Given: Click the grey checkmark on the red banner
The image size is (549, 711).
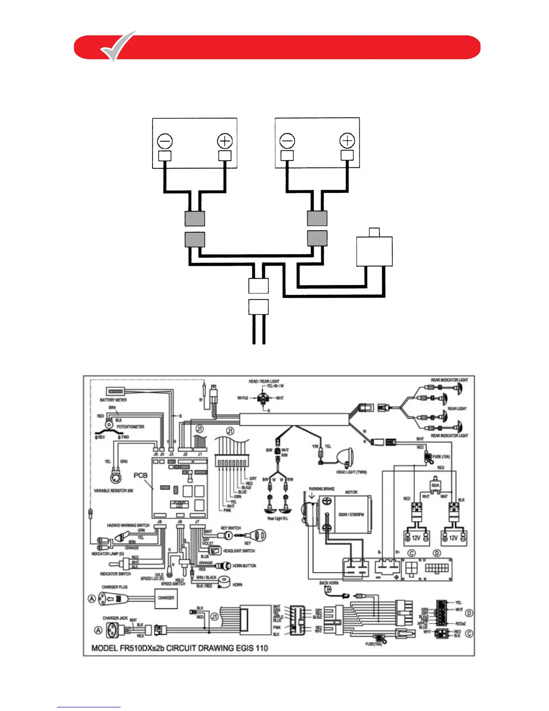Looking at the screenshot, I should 118,46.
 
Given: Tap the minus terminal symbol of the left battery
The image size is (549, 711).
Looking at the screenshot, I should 165,141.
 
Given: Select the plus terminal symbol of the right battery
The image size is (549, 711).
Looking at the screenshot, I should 347,141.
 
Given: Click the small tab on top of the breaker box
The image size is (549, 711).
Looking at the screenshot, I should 374,232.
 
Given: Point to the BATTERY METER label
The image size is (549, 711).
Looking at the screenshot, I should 113,400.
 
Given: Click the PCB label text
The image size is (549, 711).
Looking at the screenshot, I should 140,475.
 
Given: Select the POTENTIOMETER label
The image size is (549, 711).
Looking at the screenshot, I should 131,427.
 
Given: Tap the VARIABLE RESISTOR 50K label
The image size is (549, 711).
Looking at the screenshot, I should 113,491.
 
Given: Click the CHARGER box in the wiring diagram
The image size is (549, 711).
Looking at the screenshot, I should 166,598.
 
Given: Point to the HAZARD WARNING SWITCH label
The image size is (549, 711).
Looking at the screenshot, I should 128,525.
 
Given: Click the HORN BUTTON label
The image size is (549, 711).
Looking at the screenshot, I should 244,566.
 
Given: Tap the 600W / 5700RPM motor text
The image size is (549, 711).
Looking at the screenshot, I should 351,514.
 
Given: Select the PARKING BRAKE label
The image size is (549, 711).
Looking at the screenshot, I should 322,489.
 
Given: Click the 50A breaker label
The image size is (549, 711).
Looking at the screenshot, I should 435,485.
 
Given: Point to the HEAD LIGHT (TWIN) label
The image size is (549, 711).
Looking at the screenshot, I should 352,472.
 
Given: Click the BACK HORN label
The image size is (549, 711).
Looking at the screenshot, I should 329,583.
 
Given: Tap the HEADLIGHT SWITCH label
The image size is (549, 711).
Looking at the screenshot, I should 239,551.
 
